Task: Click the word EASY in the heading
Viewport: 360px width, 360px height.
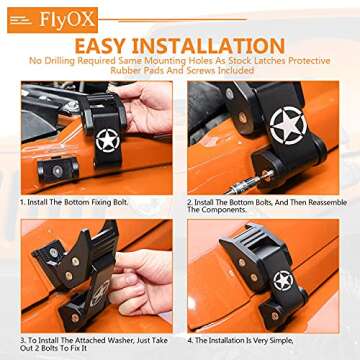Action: point(122,44)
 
